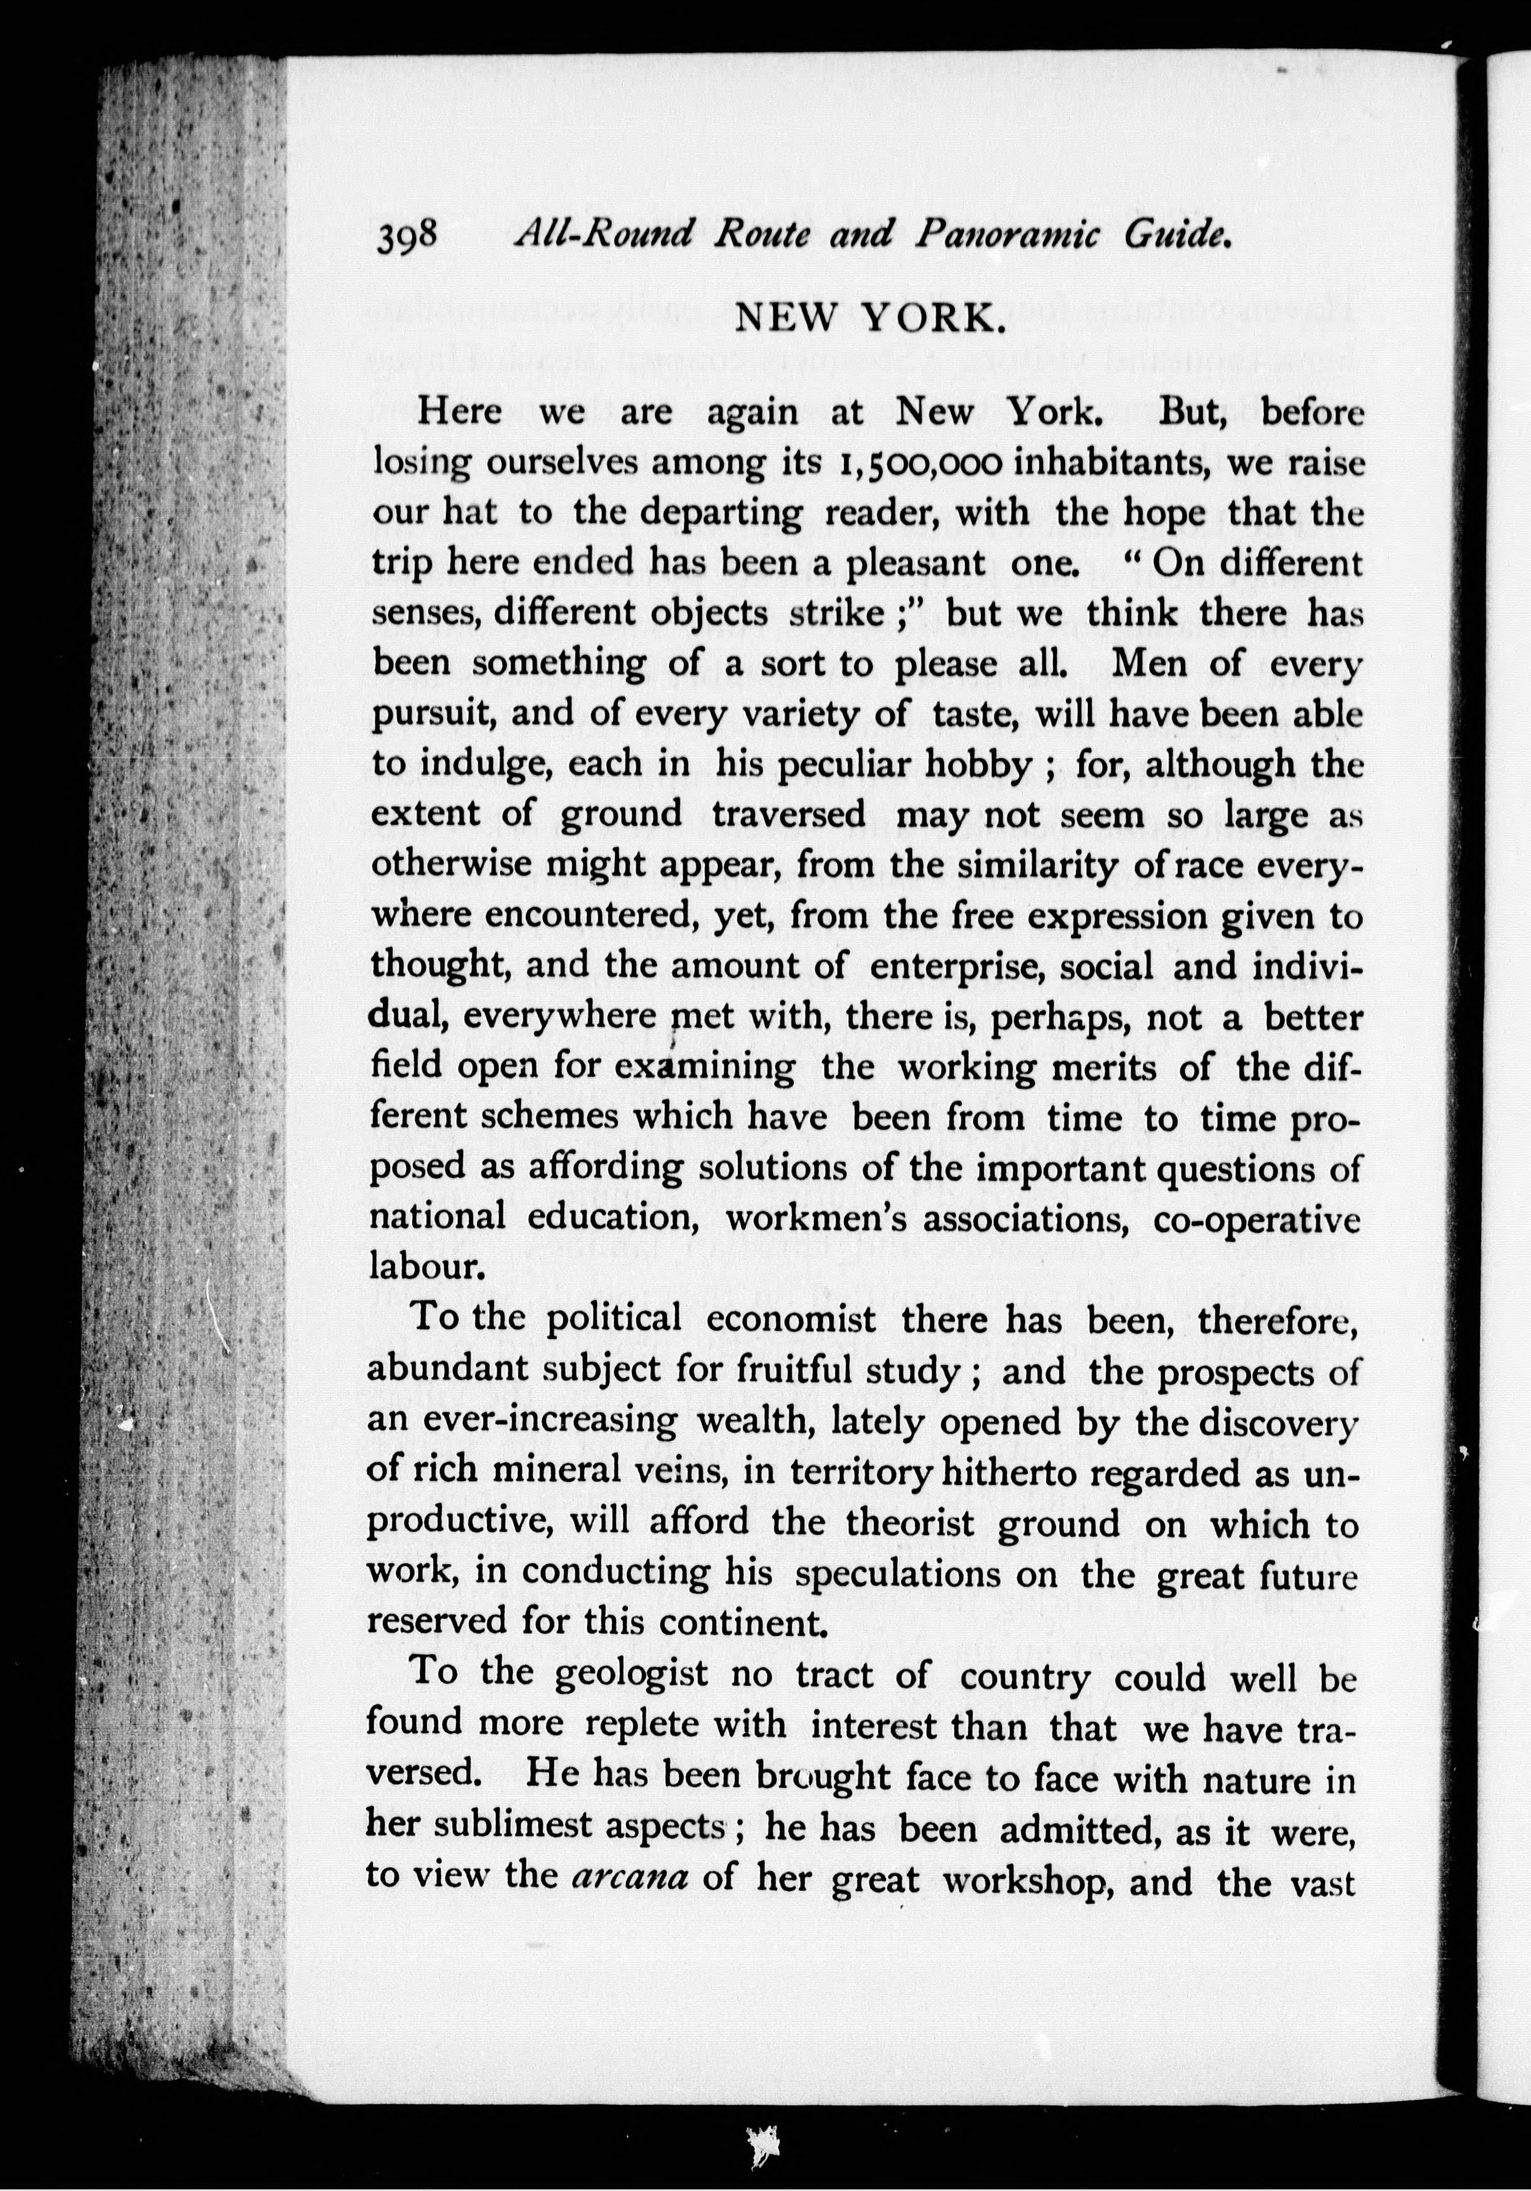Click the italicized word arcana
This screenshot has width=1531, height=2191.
(x=630, y=1877)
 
